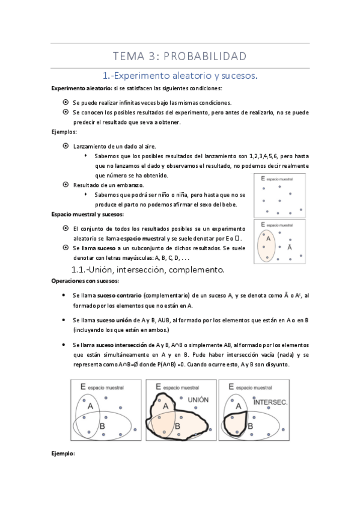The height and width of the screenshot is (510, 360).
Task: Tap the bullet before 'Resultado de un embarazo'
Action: click(x=66, y=185)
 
